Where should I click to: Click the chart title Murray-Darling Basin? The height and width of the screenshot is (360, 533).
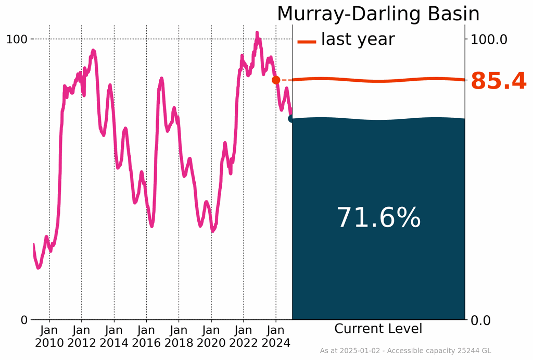[x=378, y=14]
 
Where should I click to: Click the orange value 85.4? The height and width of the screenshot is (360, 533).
[x=498, y=82]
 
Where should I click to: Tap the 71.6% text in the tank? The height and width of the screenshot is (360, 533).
[x=378, y=218]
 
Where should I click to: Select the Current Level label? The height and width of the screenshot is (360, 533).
[x=378, y=329]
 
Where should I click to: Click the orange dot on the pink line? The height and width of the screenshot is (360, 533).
[x=276, y=80]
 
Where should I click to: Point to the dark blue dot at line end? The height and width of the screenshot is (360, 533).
[x=292, y=119]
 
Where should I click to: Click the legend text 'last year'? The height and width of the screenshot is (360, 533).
[x=358, y=39]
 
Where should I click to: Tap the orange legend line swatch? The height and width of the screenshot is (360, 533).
[x=307, y=41]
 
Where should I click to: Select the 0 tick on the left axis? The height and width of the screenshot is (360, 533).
[x=24, y=320]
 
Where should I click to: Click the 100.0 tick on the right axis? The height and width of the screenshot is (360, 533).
[x=488, y=39]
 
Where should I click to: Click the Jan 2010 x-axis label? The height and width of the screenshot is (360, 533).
[x=49, y=337]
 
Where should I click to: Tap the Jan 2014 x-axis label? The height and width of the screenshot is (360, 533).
[x=114, y=337]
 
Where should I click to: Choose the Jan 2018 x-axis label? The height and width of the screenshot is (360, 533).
[x=179, y=337]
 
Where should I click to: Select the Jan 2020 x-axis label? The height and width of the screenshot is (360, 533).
[x=211, y=337]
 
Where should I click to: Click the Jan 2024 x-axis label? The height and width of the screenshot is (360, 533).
[x=276, y=337]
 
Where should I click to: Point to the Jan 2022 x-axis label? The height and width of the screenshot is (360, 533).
[x=244, y=337]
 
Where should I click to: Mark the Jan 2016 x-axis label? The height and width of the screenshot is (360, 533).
[x=146, y=337]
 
